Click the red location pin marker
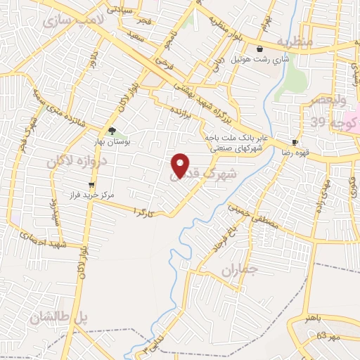181,166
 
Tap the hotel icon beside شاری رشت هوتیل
260,49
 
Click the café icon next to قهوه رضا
295,141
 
